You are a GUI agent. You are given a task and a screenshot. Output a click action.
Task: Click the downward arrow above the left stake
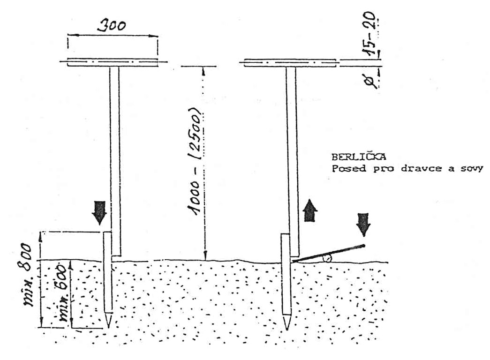(x=99, y=212)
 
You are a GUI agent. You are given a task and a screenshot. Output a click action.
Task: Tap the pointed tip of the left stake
(x=108, y=322)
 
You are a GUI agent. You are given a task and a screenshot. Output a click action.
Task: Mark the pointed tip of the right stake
(x=286, y=324)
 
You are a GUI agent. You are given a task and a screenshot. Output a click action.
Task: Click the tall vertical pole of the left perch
(x=115, y=155)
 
